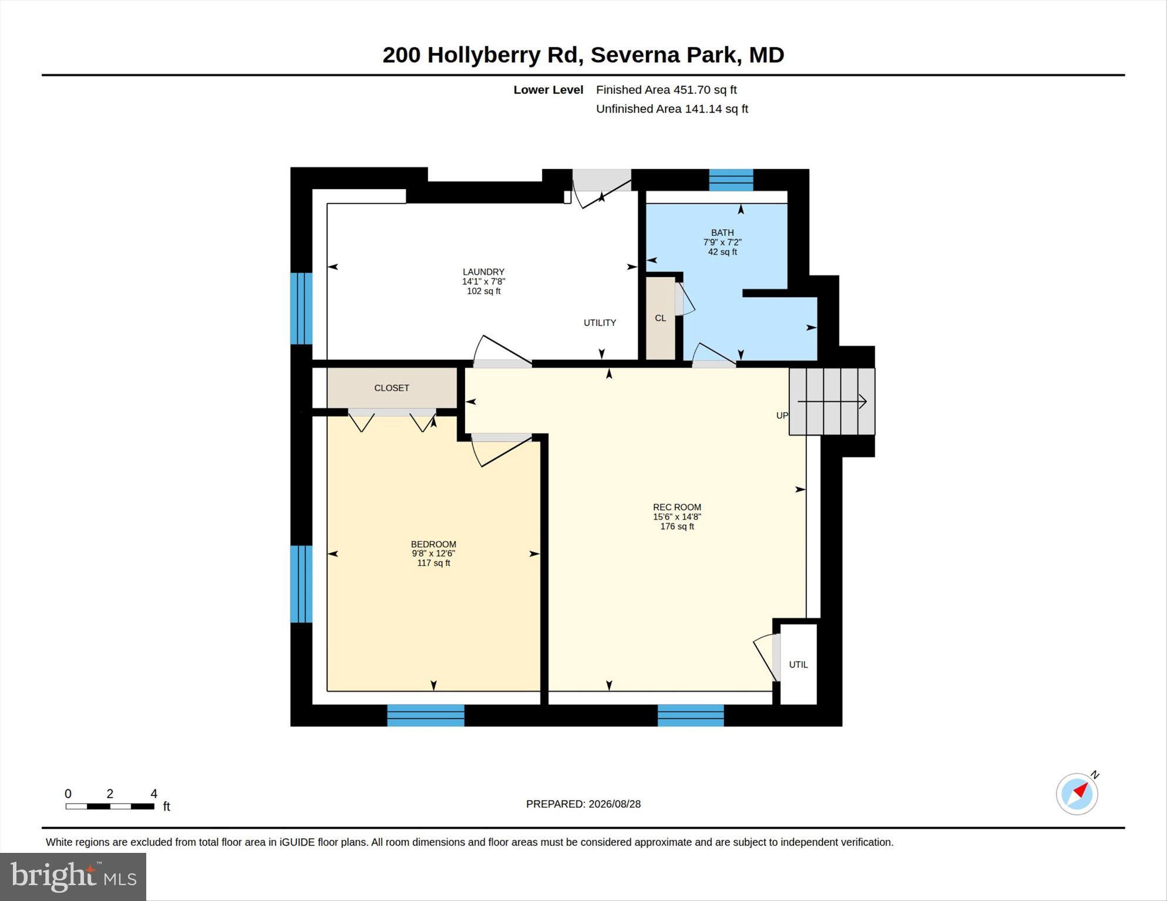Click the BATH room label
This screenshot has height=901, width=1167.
click(x=722, y=232)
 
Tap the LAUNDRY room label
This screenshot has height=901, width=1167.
click(x=483, y=272)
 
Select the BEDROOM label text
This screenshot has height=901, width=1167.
click(x=433, y=544)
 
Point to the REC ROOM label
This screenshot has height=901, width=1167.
click(x=677, y=507)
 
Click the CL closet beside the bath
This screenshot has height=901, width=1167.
click(x=661, y=318)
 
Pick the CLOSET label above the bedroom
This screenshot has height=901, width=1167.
click(x=392, y=388)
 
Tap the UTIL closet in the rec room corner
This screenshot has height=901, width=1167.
click(x=798, y=664)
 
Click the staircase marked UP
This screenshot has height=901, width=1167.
click(x=832, y=401)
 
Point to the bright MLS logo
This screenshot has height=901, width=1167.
click(x=73, y=877)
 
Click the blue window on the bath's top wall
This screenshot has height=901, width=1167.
click(x=731, y=180)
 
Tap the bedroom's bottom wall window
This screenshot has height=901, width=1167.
click(x=426, y=716)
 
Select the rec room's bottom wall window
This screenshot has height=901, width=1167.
click(x=691, y=716)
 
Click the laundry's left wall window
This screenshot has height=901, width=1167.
click(x=301, y=308)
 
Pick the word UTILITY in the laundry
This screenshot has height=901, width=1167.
click(x=600, y=323)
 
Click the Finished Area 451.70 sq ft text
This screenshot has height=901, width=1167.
click(x=666, y=90)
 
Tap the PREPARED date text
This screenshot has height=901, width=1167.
click(x=583, y=804)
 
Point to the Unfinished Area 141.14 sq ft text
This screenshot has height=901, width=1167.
click(x=672, y=109)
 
